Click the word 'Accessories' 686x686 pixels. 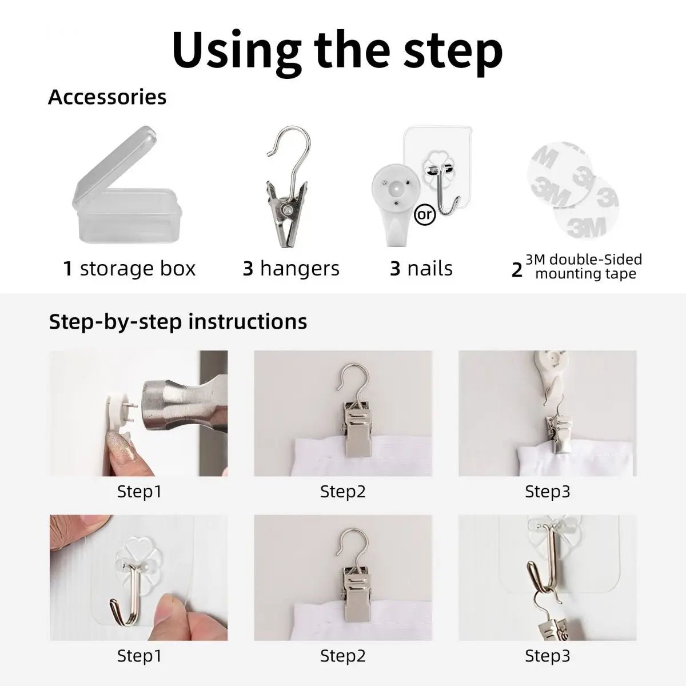[x=107, y=97]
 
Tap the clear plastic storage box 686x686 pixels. [x=127, y=185]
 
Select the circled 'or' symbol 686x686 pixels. [x=425, y=215]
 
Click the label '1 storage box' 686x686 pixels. [x=129, y=269]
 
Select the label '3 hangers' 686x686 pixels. [x=291, y=269]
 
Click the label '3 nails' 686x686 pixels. [x=421, y=269]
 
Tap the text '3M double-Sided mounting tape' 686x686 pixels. [x=584, y=266]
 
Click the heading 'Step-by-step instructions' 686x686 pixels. [x=178, y=322]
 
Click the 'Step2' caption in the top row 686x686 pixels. [x=343, y=492]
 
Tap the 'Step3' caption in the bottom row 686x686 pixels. [x=548, y=656]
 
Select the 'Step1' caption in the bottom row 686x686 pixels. [x=139, y=656]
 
